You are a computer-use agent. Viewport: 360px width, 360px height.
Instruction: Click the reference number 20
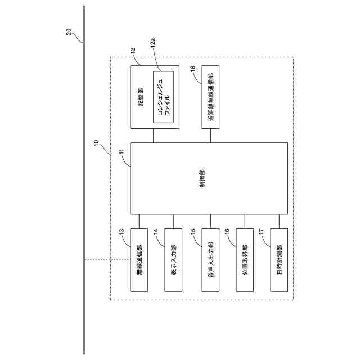(69, 32)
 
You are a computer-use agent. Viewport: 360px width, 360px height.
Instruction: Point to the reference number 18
(193, 69)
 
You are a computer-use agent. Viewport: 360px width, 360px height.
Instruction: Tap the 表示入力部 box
(174, 259)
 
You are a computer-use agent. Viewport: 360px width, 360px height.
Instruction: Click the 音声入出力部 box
(210, 259)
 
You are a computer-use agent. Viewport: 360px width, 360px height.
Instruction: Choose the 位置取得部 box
(245, 259)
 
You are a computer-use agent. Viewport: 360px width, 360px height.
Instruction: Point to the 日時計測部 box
(280, 259)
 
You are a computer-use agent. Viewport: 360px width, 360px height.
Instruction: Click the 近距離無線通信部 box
(210, 97)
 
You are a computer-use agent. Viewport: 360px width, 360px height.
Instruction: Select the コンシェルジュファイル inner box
(164, 97)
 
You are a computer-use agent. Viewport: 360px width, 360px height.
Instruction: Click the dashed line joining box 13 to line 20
(107, 259)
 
